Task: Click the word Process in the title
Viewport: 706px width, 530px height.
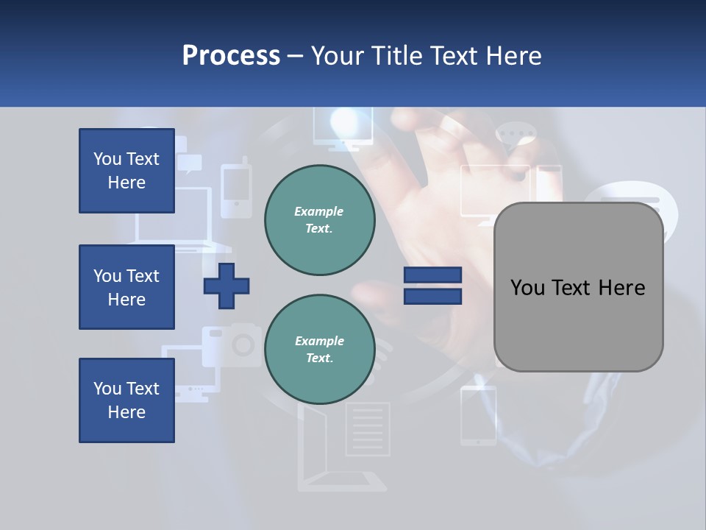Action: pos(231,56)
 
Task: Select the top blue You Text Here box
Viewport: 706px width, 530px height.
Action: pos(126,171)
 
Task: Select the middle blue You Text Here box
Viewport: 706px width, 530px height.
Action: pos(126,287)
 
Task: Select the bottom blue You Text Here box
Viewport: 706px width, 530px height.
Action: pos(126,400)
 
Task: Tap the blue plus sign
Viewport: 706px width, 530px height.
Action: pos(227,286)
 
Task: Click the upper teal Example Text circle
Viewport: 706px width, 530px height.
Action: pos(319,220)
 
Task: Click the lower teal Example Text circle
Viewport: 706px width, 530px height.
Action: pos(319,350)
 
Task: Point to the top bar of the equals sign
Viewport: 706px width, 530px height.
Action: pos(432,275)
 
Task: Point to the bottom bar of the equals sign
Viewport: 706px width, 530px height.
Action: pos(432,296)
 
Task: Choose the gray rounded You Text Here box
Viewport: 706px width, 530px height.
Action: pos(578,287)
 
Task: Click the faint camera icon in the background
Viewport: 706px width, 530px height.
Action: pos(234,344)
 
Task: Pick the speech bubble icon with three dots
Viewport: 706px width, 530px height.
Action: pos(516,136)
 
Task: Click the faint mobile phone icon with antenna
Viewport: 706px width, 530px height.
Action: pos(236,190)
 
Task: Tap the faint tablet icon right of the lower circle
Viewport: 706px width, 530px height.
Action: pos(478,416)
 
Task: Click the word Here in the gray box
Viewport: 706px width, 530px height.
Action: pos(621,288)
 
